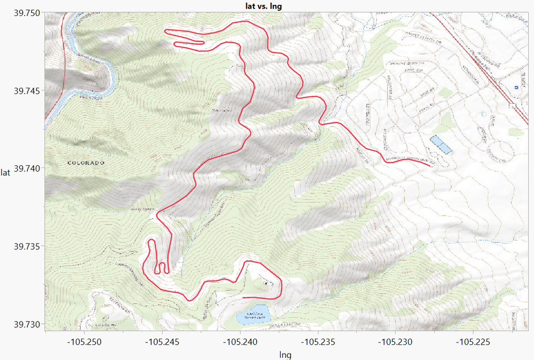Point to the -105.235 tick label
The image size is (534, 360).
click(x=318, y=341)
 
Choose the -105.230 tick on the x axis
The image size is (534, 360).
click(x=396, y=341)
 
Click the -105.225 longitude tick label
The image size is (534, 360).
click(x=473, y=341)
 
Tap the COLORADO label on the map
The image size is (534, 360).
click(x=86, y=163)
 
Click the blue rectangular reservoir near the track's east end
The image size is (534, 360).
click(x=440, y=144)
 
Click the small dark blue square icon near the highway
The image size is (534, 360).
click(x=516, y=87)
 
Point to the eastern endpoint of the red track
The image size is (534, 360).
click(x=431, y=166)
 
